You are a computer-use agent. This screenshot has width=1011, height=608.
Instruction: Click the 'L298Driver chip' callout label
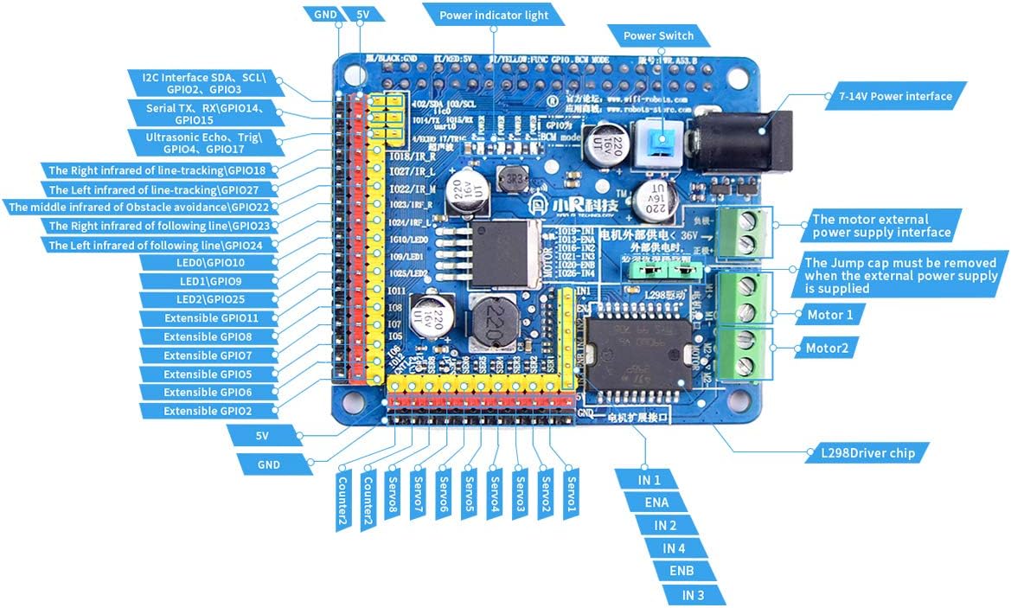tap(873, 452)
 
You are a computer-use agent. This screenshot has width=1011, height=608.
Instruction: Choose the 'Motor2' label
tap(827, 349)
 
